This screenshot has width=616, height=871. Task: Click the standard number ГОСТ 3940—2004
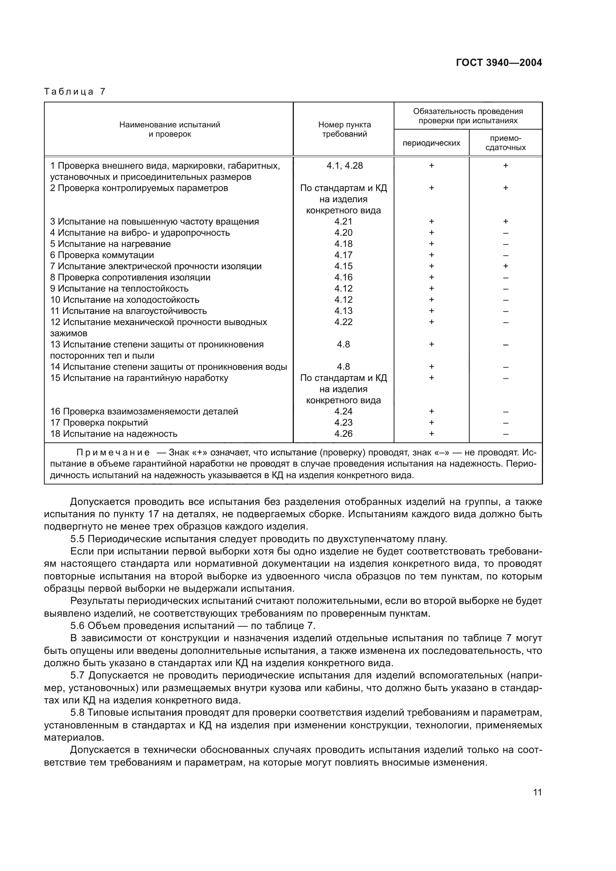(499, 63)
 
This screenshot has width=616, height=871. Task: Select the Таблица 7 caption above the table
(75, 92)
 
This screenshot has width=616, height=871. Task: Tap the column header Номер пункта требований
(344, 129)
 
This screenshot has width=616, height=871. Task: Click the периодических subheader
(431, 143)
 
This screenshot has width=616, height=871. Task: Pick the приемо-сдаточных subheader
(505, 143)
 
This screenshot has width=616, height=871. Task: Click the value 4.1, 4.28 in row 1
(344, 166)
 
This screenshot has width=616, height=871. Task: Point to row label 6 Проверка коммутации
(102, 255)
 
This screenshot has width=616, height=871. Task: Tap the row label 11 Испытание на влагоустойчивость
(128, 311)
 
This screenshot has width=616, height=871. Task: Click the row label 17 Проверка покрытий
(99, 423)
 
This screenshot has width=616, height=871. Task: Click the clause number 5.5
(77, 539)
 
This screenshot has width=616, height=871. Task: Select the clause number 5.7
(77, 675)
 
